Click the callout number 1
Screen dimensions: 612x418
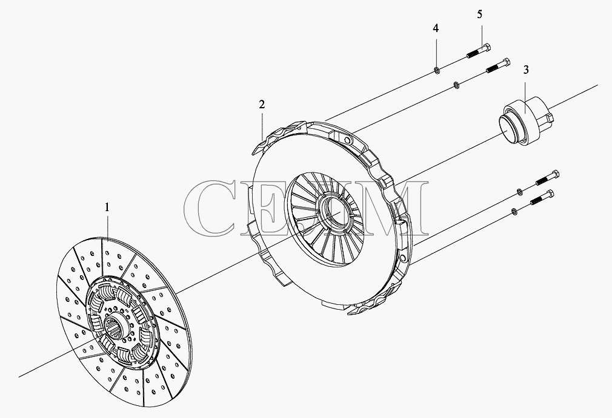point(107,207)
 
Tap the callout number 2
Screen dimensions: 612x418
point(262,105)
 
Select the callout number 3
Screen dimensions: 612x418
point(526,70)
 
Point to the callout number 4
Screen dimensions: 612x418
point(436,28)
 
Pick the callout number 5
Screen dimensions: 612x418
point(480,15)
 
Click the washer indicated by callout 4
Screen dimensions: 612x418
point(437,71)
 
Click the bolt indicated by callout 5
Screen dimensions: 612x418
point(479,52)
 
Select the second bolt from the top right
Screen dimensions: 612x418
point(498,65)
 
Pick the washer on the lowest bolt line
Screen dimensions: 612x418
point(514,212)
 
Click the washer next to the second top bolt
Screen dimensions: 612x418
point(456,84)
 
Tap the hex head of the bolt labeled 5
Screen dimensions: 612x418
point(487,48)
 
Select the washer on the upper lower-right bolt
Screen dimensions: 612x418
point(519,191)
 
